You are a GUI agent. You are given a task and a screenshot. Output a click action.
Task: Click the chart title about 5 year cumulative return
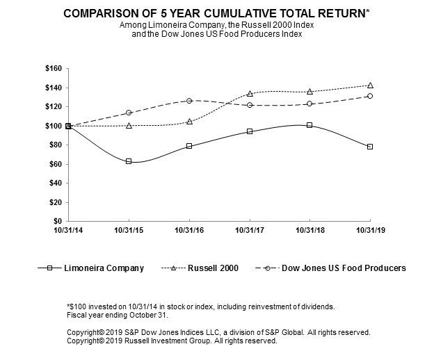[x=216, y=13]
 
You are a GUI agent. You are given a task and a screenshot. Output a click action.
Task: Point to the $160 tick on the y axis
[x=53, y=69]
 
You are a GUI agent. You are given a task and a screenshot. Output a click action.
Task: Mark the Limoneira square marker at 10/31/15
[x=129, y=161]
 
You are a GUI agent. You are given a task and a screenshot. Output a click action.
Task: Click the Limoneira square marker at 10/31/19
[x=370, y=147]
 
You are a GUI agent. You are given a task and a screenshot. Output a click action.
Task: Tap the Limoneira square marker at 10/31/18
[x=310, y=125]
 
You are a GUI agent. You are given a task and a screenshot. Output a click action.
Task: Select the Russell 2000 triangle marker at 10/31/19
[x=370, y=85]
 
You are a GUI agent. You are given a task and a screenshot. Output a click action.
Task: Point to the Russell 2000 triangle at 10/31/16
[x=189, y=122]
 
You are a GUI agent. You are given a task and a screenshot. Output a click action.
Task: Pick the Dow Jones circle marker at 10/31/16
[x=189, y=101]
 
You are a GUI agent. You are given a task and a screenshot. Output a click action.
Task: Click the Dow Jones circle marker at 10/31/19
[x=370, y=96]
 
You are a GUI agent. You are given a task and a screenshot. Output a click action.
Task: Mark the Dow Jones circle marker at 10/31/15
[x=129, y=113]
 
